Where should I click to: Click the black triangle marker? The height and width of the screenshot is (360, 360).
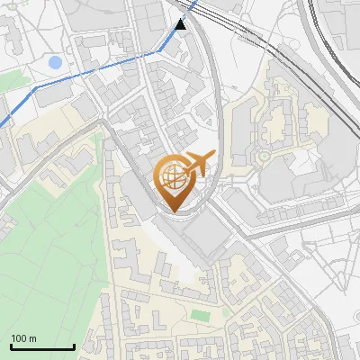pyautogui.click(x=182, y=24)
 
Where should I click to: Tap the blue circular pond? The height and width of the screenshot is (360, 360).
pyautogui.click(x=55, y=63)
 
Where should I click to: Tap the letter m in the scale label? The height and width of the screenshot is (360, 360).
pyautogui.click(x=32, y=338)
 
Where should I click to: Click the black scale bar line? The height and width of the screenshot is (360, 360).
pyautogui.click(x=42, y=346)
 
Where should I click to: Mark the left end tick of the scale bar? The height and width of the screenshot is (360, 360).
pyautogui.click(x=11, y=345)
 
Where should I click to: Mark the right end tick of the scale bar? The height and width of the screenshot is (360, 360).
pyautogui.click(x=74, y=345)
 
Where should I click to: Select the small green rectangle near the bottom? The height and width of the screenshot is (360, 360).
pyautogui.click(x=199, y=315)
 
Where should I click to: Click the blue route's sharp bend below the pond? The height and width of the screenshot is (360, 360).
pyautogui.click(x=33, y=90)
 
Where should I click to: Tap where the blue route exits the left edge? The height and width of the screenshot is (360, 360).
pyautogui.click(x=2, y=124)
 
